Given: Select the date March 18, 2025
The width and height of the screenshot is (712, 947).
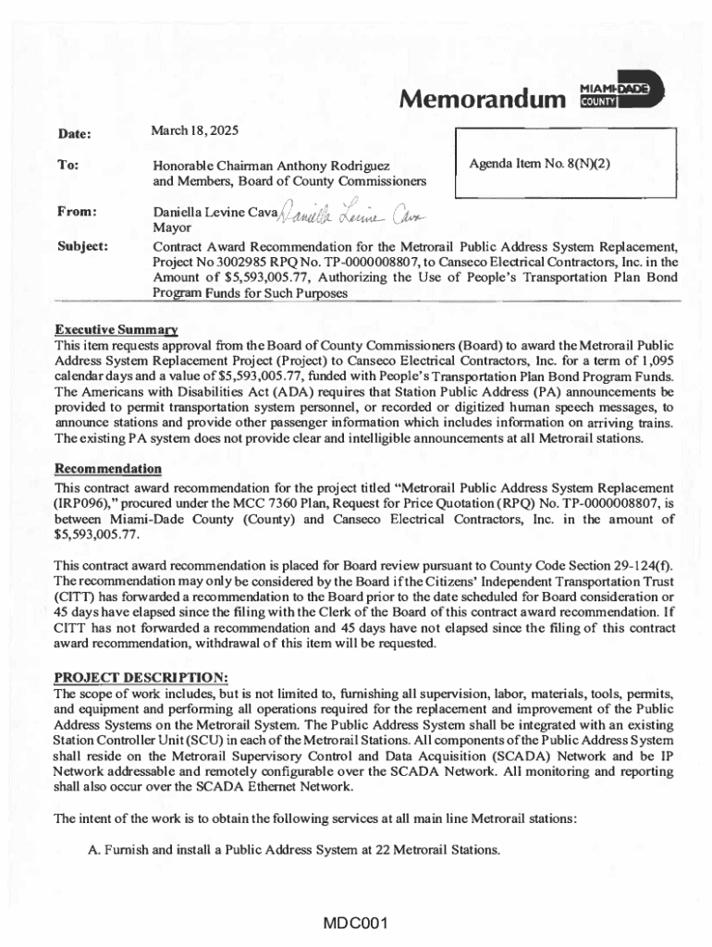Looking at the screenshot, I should coord(194,130).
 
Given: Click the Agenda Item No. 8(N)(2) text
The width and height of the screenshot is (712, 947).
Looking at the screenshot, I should coord(540,164).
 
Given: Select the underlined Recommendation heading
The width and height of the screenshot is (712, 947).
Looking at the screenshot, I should coord(107,469).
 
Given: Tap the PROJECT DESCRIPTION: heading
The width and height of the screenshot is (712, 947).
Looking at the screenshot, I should coord(129,676).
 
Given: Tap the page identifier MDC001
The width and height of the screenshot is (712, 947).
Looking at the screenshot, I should coord(355,923).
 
